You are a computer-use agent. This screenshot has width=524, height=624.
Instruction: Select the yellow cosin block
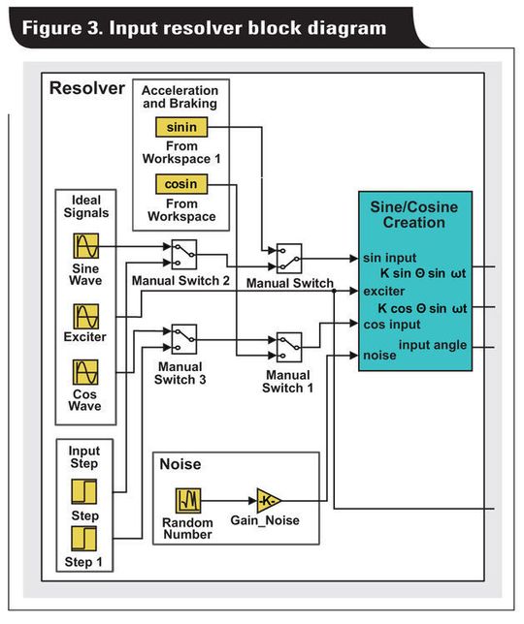pyautogui.click(x=181, y=184)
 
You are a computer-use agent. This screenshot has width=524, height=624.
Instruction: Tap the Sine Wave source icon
pyautogui.click(x=86, y=245)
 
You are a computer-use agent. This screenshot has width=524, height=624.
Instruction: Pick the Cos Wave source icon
pyautogui.click(x=86, y=373)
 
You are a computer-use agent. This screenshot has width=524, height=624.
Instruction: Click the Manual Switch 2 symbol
pyautogui.click(x=184, y=254)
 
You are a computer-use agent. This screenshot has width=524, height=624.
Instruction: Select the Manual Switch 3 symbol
pyautogui.click(x=183, y=337)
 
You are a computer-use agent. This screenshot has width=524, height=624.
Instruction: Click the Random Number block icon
pyautogui.click(x=187, y=500)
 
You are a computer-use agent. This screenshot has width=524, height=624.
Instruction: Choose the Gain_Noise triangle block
pyautogui.click(x=268, y=500)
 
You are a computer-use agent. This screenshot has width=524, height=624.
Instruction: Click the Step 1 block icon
pyautogui.click(x=84, y=538)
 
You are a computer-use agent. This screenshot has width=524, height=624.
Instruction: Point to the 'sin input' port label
pyautogui.click(x=390, y=259)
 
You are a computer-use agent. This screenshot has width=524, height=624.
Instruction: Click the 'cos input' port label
pyautogui.click(x=391, y=325)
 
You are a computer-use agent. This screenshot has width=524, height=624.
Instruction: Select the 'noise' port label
pyautogui.click(x=379, y=356)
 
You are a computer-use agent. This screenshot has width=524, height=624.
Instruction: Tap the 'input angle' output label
pyautogui.click(x=432, y=345)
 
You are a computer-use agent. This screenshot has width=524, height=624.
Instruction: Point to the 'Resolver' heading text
pyautogui.click(x=86, y=88)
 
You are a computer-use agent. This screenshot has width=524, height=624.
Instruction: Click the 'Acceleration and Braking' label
pyautogui.click(x=181, y=97)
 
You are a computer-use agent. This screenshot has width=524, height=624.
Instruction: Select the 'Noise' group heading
pyautogui.click(x=180, y=464)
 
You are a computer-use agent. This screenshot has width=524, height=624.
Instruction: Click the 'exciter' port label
pyautogui.click(x=384, y=290)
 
